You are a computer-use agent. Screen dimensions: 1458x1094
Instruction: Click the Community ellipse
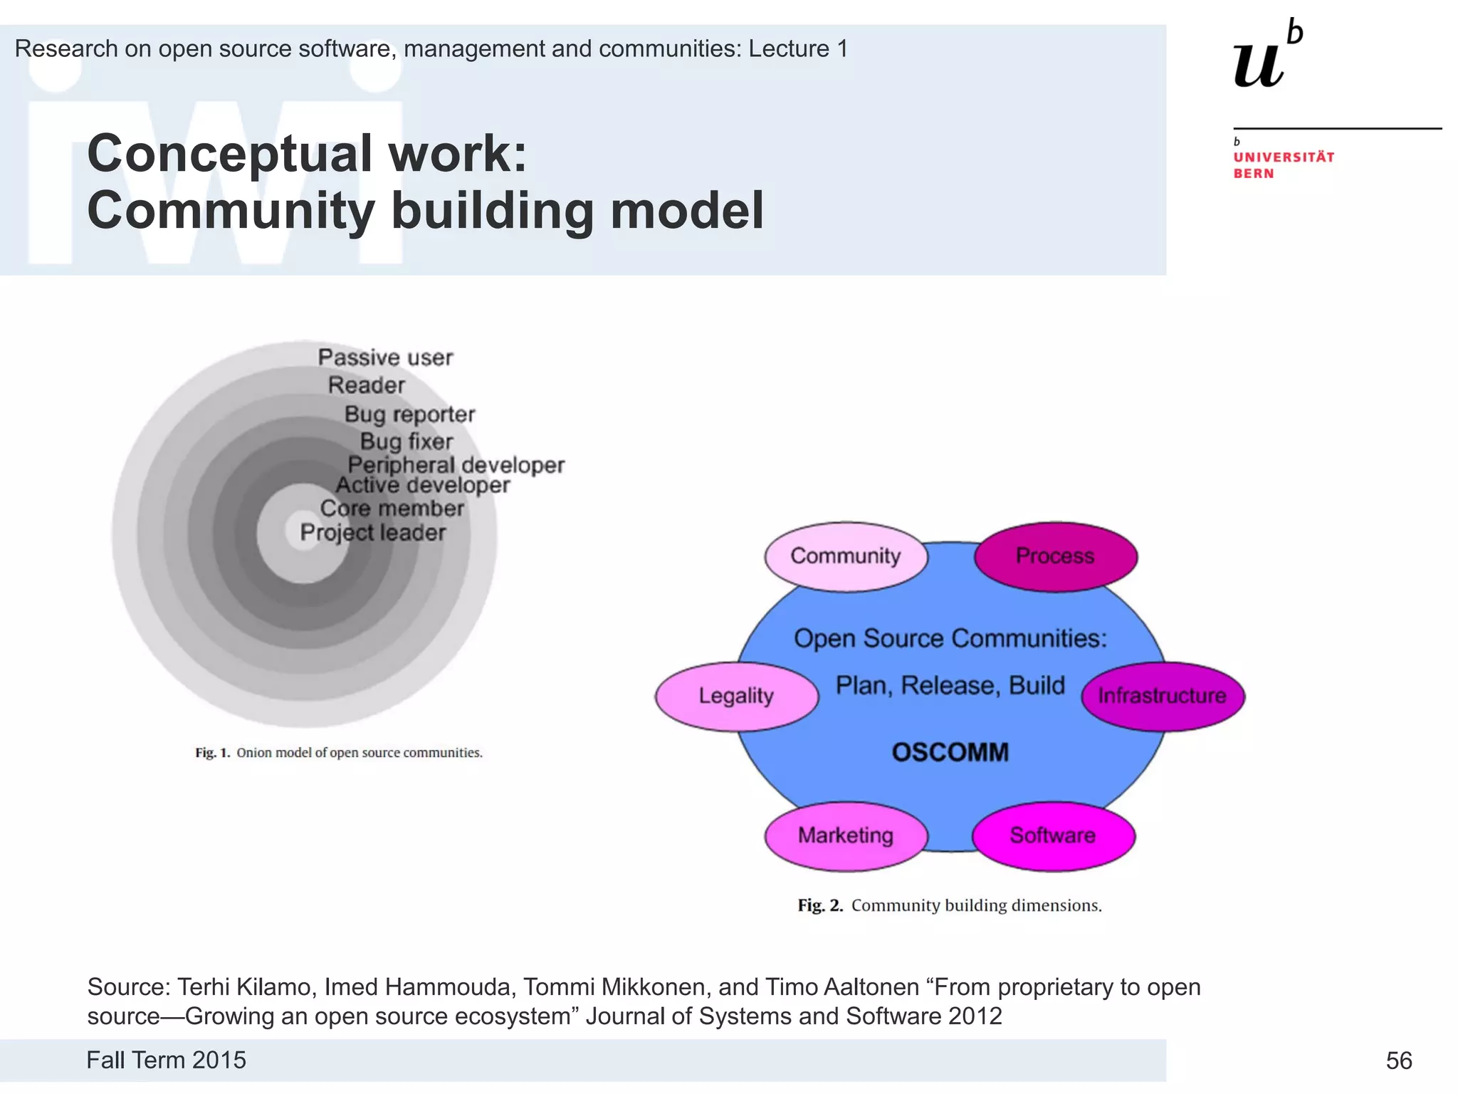click(x=846, y=556)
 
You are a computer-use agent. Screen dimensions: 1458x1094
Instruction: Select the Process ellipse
click(x=1055, y=556)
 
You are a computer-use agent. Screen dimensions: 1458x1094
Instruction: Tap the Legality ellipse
click(x=736, y=696)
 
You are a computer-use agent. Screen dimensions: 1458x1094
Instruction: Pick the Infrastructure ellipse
click(x=1162, y=696)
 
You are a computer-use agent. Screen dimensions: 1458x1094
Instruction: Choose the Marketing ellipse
click(x=846, y=835)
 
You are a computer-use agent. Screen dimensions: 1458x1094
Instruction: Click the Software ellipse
click(x=1053, y=835)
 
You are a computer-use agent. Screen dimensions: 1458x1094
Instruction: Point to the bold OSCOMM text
click(x=950, y=753)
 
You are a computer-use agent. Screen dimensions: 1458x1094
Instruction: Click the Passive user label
click(x=385, y=358)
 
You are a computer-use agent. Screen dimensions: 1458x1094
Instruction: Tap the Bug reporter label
click(x=409, y=415)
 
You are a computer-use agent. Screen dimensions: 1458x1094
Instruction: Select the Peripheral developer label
click(x=456, y=465)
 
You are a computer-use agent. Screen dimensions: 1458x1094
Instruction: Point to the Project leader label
click(x=372, y=533)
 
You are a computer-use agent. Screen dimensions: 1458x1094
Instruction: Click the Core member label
click(x=392, y=509)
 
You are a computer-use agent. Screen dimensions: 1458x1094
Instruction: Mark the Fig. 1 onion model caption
click(x=339, y=753)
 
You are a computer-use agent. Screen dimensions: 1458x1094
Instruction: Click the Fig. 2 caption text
click(x=950, y=905)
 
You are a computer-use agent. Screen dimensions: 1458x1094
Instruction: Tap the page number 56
click(x=1398, y=1061)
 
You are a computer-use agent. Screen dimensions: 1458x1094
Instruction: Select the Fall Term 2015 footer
click(x=166, y=1060)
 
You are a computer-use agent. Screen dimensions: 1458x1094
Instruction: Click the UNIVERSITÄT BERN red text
click(x=1283, y=165)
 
